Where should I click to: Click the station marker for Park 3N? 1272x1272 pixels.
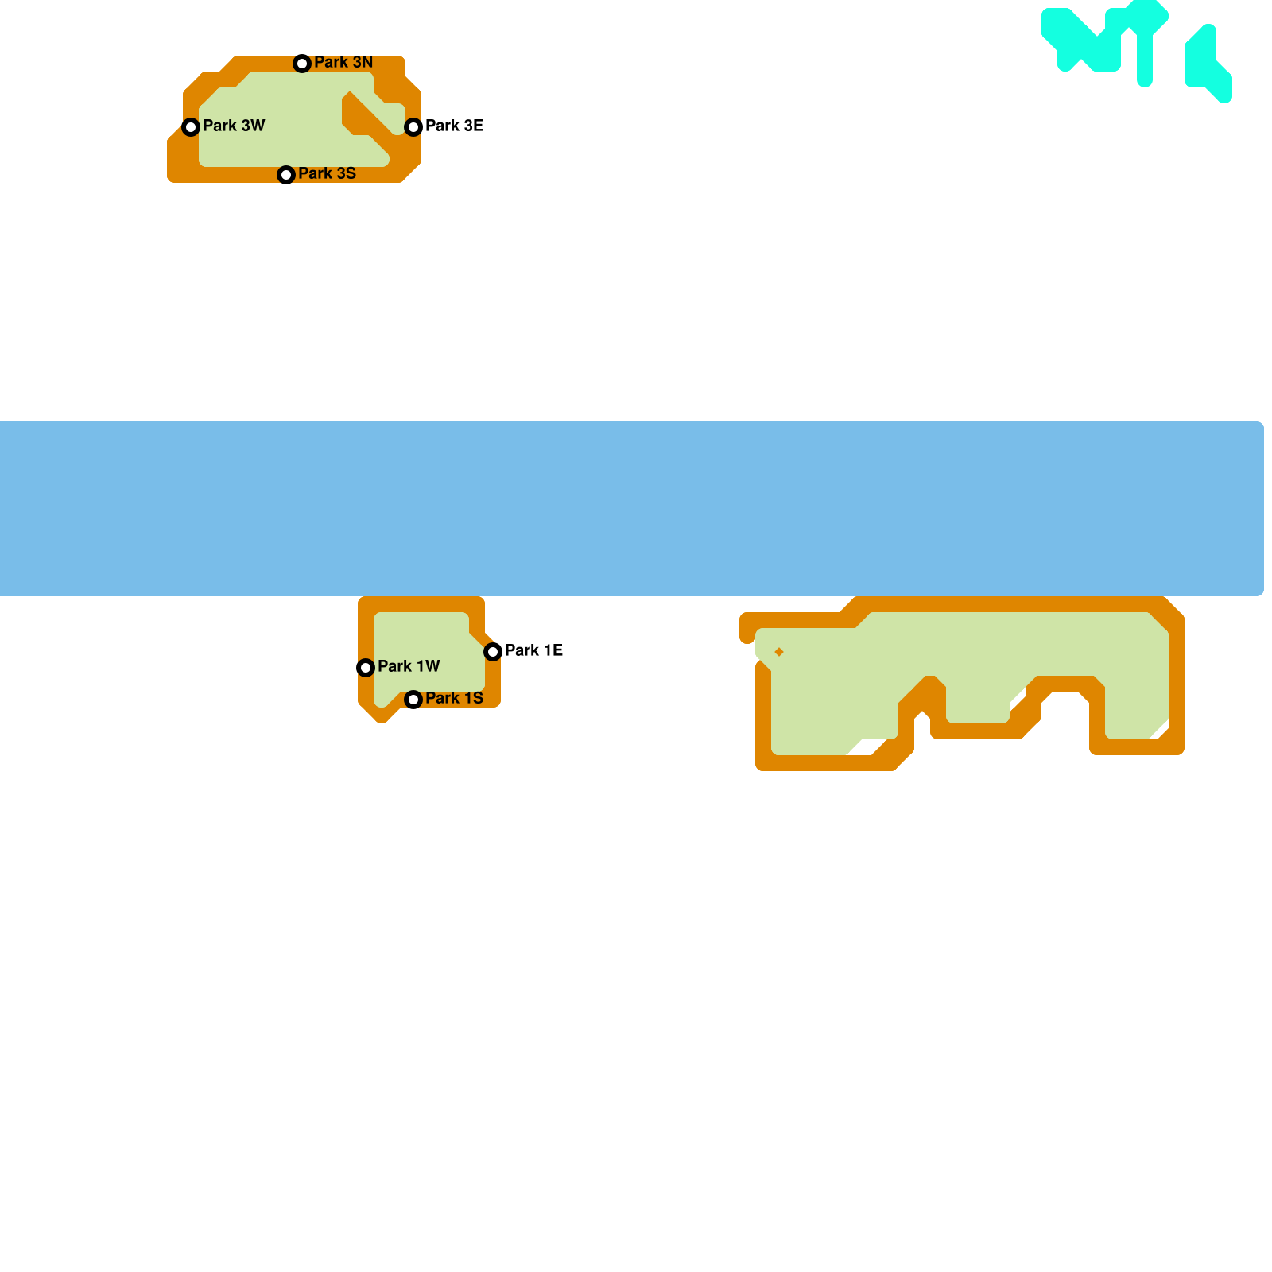pyautogui.click(x=302, y=64)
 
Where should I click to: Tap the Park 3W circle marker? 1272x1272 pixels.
pyautogui.click(x=191, y=127)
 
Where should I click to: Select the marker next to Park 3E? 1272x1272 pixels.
pyautogui.click(x=413, y=127)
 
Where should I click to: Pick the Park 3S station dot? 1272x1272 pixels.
pyautogui.click(x=286, y=175)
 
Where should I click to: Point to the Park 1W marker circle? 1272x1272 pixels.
pyautogui.click(x=366, y=668)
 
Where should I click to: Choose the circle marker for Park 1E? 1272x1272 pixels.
pyautogui.click(x=493, y=652)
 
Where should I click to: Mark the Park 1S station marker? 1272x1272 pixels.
pyautogui.click(x=413, y=700)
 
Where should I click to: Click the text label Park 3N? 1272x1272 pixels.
pyautogui.click(x=343, y=62)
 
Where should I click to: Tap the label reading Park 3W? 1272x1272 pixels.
pyautogui.click(x=234, y=126)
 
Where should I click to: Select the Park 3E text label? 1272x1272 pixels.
pyautogui.click(x=454, y=126)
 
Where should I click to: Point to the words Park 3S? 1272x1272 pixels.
pyautogui.click(x=327, y=173)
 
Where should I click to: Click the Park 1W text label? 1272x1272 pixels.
pyautogui.click(x=409, y=666)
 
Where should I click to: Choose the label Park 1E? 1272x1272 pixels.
pyautogui.click(x=533, y=650)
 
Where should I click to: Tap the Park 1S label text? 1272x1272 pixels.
pyautogui.click(x=454, y=698)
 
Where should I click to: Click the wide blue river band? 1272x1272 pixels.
pyautogui.click(x=636, y=509)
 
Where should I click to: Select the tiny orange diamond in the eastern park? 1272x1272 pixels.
pyautogui.click(x=779, y=652)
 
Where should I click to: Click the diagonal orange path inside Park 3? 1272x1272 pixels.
pyautogui.click(x=367, y=118)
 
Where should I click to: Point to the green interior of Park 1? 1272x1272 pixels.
pyautogui.click(x=425, y=648)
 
